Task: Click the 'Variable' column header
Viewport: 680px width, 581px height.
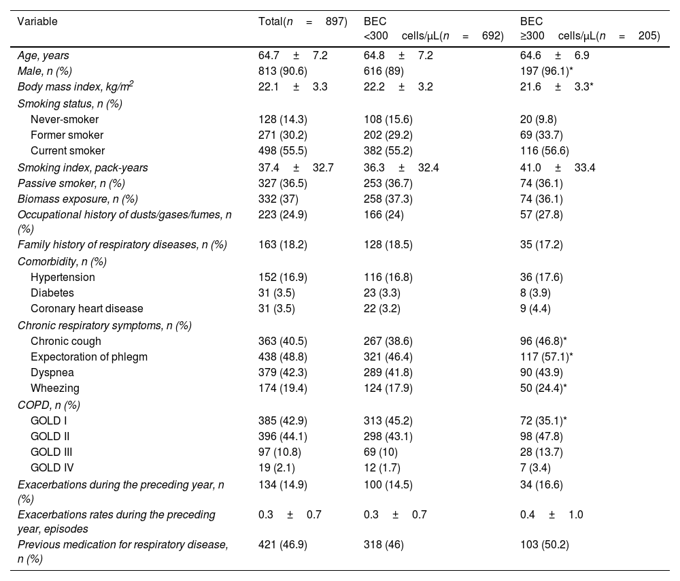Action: pyautogui.click(x=37, y=21)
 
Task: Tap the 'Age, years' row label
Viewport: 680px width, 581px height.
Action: pyautogui.click(x=43, y=56)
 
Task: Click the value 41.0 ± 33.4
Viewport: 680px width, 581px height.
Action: pyautogui.click(x=558, y=168)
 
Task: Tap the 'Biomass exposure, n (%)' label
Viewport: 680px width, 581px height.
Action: pyautogui.click(x=78, y=199)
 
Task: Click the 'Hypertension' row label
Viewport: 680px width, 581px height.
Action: pyautogui.click(x=63, y=278)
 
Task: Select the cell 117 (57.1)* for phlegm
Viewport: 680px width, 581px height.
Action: pyautogui.click(x=546, y=357)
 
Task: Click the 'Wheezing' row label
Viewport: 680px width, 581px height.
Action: pyautogui.click(x=55, y=388)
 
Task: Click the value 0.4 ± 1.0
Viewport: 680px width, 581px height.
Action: pyautogui.click(x=551, y=515)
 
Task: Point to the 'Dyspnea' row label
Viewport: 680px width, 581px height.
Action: pyautogui.click(x=52, y=373)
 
